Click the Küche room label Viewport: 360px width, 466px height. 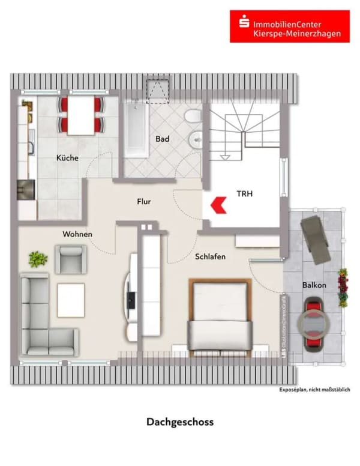(67, 157)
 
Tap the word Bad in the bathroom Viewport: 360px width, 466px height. (163, 139)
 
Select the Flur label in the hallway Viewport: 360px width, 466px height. (144, 202)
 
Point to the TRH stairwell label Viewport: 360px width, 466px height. (244, 194)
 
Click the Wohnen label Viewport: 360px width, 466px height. (77, 234)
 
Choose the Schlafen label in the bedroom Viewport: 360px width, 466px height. (210, 256)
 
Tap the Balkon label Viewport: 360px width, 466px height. (314, 285)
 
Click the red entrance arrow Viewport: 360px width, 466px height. (218, 205)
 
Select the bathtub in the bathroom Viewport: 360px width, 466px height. (136, 129)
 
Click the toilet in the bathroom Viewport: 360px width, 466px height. (193, 116)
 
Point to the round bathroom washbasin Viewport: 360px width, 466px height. (196, 140)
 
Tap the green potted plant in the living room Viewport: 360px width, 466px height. (38, 259)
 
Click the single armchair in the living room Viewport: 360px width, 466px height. (71, 259)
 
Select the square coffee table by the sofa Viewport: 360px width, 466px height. (71, 300)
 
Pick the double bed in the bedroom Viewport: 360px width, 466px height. (220, 318)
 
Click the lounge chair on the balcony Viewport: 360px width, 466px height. (316, 240)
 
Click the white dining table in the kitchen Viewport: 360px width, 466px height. (81, 116)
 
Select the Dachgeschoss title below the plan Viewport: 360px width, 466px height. (180, 422)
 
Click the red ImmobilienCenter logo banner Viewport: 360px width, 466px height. (290, 26)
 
